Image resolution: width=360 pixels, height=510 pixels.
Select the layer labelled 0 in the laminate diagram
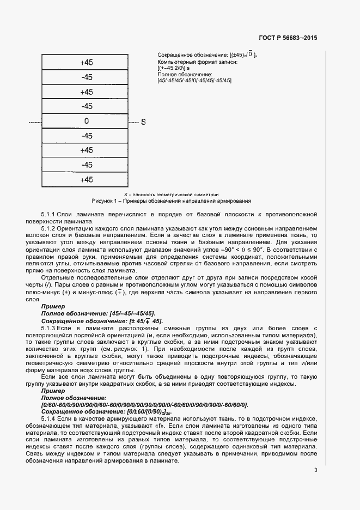[86, 121]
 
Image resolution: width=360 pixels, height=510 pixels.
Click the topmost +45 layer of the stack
[86, 63]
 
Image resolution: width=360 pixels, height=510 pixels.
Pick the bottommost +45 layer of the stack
[86, 180]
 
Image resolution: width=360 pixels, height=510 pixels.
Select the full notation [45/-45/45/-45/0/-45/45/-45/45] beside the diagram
[194, 81]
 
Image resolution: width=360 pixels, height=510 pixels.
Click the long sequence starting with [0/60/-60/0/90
[144, 405]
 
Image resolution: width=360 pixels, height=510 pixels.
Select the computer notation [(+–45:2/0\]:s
[173, 68]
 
